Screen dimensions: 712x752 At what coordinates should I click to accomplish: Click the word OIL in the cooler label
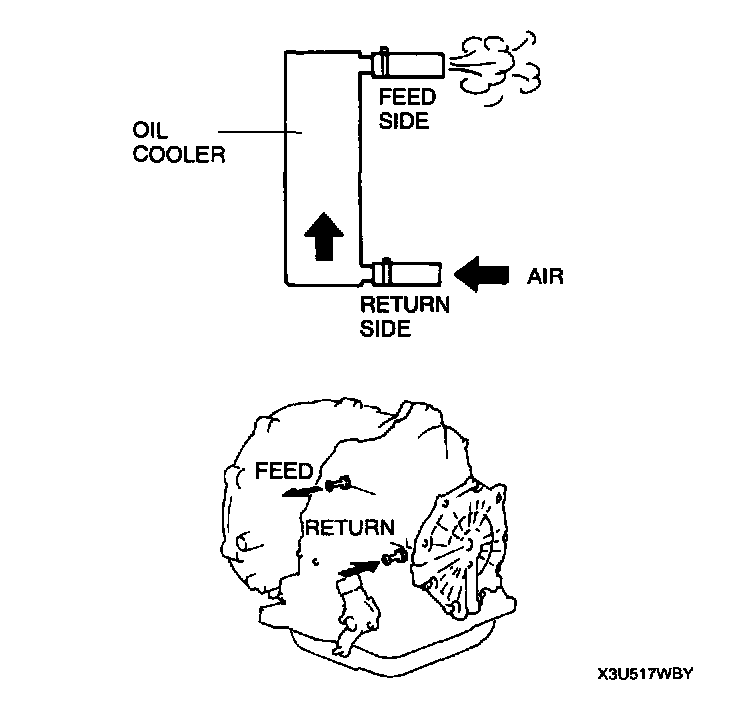[x=148, y=132]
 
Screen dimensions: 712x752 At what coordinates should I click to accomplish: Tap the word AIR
[x=545, y=275]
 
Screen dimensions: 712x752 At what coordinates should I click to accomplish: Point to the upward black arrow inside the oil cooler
[x=322, y=236]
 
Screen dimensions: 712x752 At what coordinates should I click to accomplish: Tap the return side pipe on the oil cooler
[x=408, y=272]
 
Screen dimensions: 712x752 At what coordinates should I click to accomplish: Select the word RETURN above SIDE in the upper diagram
[x=404, y=305]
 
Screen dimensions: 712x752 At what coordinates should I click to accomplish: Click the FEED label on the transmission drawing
[x=285, y=469]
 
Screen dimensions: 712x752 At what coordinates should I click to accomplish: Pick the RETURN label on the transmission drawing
[x=350, y=527]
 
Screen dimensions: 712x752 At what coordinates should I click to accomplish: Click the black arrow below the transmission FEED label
[x=301, y=490]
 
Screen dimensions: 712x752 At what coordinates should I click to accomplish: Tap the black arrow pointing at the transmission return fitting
[x=360, y=567]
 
